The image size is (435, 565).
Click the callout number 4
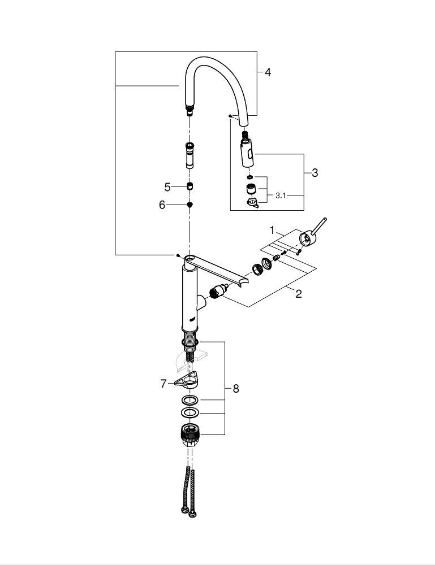(x=268, y=72)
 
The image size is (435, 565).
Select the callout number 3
(x=315, y=173)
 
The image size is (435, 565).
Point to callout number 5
(x=167, y=187)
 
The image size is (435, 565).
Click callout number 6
(x=162, y=205)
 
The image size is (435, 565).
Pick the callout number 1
(x=272, y=231)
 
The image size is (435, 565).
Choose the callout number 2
(x=298, y=293)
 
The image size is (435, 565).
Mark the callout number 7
(x=163, y=384)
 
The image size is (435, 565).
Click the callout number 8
(x=235, y=388)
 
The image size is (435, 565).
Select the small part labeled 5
(x=190, y=187)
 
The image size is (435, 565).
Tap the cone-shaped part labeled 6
(x=190, y=205)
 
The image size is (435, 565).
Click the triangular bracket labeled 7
(x=188, y=382)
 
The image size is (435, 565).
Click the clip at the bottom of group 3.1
(x=252, y=202)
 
